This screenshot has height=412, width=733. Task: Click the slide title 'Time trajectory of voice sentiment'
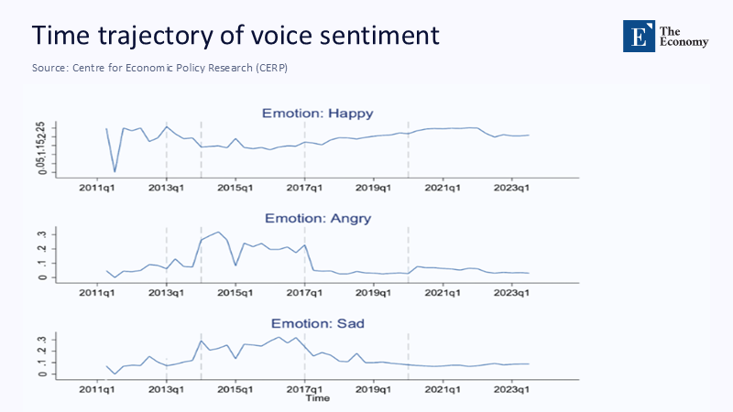(235, 36)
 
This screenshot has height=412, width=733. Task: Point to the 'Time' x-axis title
(317, 399)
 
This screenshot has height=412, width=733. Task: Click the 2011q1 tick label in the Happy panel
(97, 187)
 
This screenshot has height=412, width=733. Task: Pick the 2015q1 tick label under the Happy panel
(235, 187)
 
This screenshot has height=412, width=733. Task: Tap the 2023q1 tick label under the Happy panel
(512, 187)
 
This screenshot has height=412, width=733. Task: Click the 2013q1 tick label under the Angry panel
(166, 292)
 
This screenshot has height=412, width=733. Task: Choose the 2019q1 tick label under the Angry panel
(374, 292)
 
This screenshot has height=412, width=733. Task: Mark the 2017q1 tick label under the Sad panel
(305, 391)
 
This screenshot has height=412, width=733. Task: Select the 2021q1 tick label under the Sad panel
(443, 391)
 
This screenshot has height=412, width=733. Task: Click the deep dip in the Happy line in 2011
(115, 171)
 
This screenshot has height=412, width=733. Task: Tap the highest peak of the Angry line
(218, 233)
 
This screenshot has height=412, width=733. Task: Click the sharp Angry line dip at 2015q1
(235, 266)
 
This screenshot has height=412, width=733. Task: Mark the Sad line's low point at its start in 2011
(115, 374)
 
